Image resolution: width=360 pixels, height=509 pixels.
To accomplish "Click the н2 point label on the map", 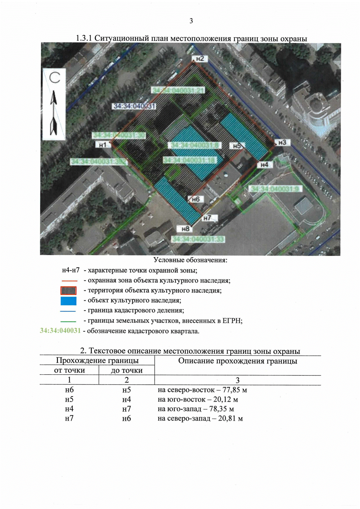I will (200, 59).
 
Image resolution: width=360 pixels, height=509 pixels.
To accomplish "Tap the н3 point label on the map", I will (282, 142).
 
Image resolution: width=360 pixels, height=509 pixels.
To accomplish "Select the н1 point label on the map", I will (103, 145).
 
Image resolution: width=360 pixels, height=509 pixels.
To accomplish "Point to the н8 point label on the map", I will (185, 229).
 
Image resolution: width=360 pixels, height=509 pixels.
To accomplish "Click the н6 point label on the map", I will (196, 199).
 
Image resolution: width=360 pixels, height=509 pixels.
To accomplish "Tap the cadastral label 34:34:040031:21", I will (178, 90).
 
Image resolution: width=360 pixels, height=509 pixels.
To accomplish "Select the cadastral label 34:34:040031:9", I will (275, 189).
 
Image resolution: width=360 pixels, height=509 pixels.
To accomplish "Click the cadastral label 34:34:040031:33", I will (198, 239).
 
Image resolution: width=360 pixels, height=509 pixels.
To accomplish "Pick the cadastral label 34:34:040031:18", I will (189, 160).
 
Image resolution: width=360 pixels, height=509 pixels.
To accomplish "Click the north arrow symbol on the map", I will (54, 113).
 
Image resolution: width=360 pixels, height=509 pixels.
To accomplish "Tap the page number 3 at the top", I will (191, 21).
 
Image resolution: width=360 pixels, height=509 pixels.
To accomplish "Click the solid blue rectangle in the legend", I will (68, 301).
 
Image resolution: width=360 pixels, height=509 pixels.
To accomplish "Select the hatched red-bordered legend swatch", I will (68, 291).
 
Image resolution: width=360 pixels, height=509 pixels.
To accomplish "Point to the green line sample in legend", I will (68, 321).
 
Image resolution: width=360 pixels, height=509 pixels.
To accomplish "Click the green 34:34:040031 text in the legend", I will (60, 331).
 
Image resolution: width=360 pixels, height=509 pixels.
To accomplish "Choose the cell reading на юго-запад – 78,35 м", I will (196, 409).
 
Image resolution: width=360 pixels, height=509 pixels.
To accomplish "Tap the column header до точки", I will (127, 370).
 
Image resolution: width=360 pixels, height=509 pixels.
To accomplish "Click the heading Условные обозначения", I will (190, 260).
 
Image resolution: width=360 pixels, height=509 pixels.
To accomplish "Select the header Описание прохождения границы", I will (238, 361).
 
